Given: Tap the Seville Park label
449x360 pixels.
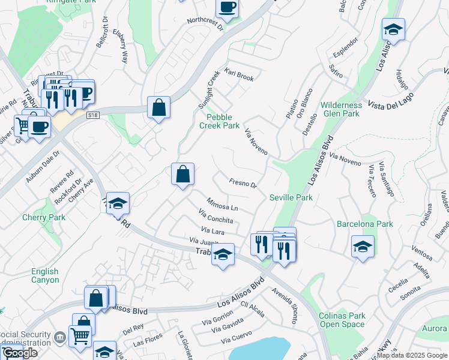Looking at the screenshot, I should [x=291, y=197].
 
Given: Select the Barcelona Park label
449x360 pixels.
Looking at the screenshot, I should [x=364, y=224].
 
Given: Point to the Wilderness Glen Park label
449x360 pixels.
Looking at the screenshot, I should [x=340, y=109].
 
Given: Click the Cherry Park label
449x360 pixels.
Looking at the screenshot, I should [x=43, y=217].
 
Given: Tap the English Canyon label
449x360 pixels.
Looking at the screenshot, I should [x=46, y=275].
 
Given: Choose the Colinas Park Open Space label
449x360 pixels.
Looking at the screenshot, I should [x=342, y=320].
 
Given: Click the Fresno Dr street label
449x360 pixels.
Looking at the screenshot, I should [x=243, y=183].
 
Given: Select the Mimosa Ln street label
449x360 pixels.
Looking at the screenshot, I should [x=222, y=203].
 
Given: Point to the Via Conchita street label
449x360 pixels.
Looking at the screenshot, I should [x=215, y=216].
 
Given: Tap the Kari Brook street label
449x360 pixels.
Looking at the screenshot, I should [x=239, y=75].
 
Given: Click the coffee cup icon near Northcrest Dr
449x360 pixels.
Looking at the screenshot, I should [x=227, y=8].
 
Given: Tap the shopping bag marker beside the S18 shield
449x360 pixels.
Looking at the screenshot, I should [x=158, y=108].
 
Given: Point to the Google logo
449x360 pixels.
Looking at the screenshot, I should [x=19, y=353].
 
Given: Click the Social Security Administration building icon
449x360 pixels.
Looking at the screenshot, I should [x=59, y=337].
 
